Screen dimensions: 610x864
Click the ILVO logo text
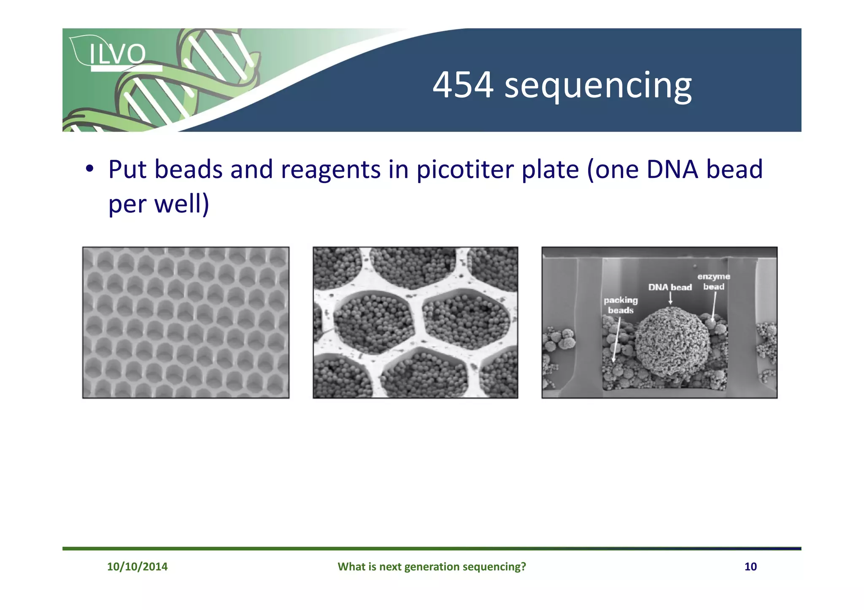pyautogui.click(x=117, y=54)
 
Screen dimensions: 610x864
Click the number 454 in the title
pyautogui.click(x=463, y=85)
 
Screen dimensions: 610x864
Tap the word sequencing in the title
pyautogui.click(x=598, y=86)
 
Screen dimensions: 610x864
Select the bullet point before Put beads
pyautogui.click(x=89, y=169)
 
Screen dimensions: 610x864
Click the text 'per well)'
pyautogui.click(x=159, y=204)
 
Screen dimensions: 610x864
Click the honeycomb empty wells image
pyautogui.click(x=186, y=322)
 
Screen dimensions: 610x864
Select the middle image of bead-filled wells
pyautogui.click(x=415, y=322)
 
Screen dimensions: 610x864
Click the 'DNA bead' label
pyautogui.click(x=670, y=288)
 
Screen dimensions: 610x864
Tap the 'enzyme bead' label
pyautogui.click(x=713, y=281)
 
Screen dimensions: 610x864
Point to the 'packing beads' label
pyautogui.click(x=621, y=305)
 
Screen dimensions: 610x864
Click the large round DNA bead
pyautogui.click(x=672, y=342)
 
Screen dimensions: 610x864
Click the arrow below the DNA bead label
pyautogui.click(x=670, y=298)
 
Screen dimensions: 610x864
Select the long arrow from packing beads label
pyautogui.click(x=616, y=339)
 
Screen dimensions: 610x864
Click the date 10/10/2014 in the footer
pyautogui.click(x=137, y=567)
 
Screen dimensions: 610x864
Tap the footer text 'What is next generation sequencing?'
pyautogui.click(x=432, y=567)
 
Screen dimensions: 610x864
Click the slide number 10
pyautogui.click(x=750, y=567)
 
